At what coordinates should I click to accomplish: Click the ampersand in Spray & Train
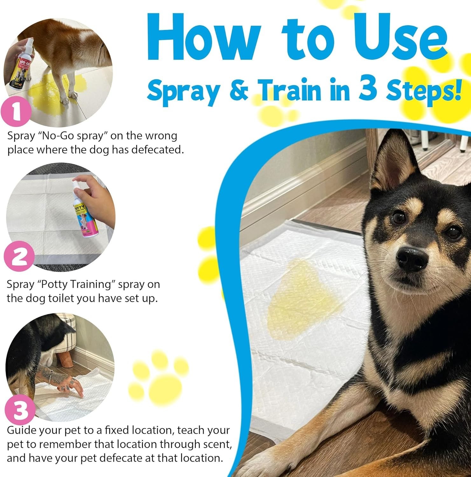pos(239,91)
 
